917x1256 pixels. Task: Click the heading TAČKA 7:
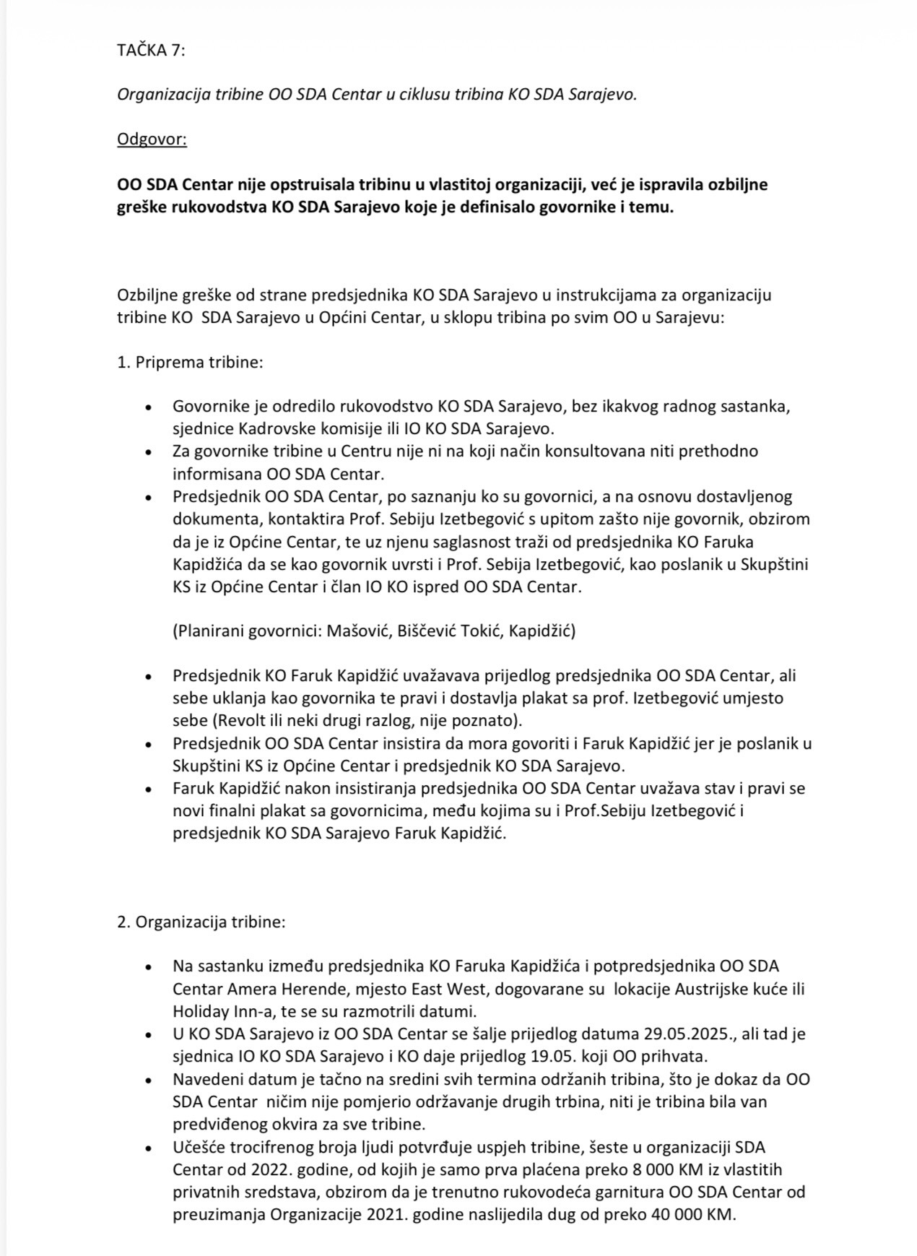[x=151, y=50]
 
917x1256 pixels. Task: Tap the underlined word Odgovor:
[x=152, y=139]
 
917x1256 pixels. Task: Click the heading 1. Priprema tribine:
[x=190, y=362]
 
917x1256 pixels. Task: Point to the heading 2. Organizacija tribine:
[x=201, y=922]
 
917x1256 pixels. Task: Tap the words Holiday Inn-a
[x=216, y=1011]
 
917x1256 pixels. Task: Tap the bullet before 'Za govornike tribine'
[x=149, y=452]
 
